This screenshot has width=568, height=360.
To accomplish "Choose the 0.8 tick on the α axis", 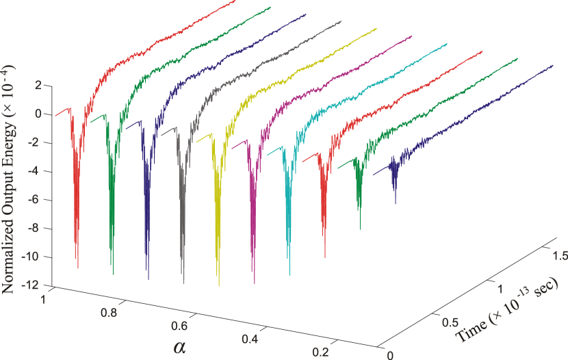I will pyautogui.click(x=108, y=313).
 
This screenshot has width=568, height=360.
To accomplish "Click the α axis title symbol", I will pyautogui.click(x=180, y=346).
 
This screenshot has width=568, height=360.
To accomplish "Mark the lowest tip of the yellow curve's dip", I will pyautogui.click(x=219, y=286).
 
